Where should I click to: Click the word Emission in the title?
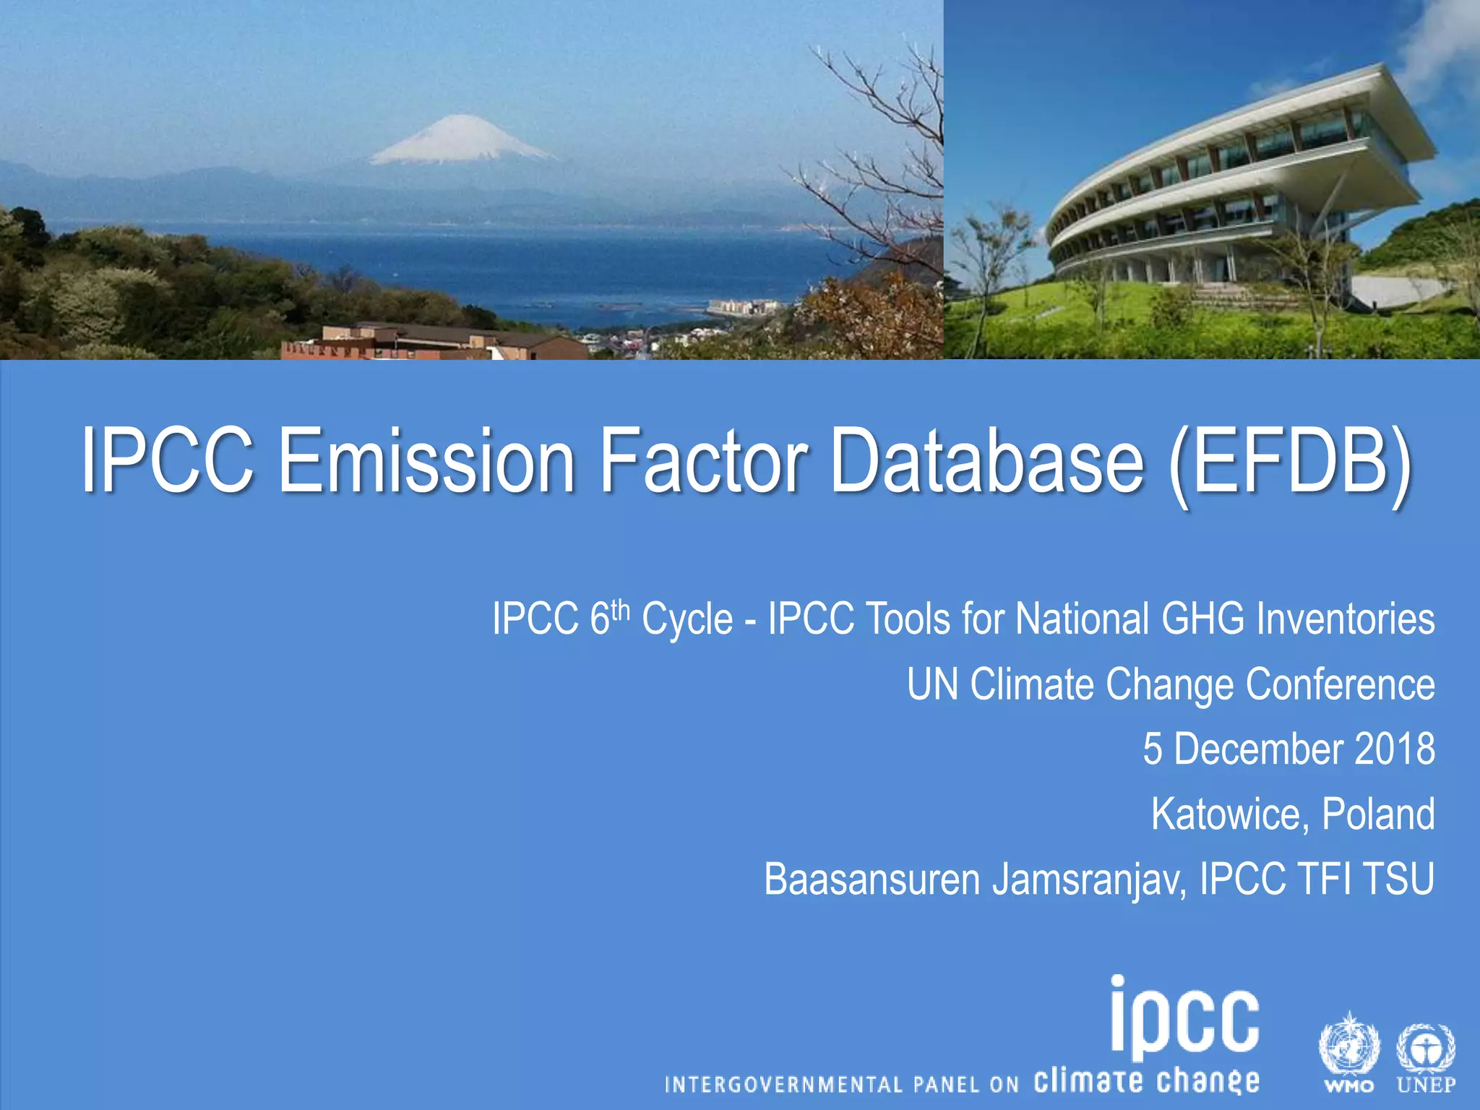[426, 460]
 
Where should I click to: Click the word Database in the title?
[987, 460]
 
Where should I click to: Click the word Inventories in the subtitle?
[1345, 619]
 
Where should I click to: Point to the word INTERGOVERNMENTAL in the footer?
[783, 1085]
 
